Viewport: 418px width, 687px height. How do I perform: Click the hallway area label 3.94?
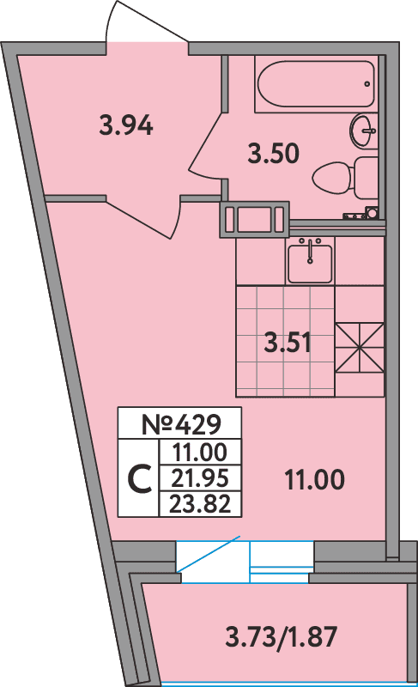pos(126,127)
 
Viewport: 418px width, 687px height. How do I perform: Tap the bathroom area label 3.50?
pos(272,155)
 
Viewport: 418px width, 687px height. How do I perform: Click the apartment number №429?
pos(180,423)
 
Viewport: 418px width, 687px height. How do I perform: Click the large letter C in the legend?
pos(140,478)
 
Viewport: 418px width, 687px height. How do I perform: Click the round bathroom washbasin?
pos(364,131)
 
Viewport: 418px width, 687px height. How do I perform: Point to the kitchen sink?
pos(309,262)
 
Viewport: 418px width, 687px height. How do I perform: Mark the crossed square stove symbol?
pos(358,347)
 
